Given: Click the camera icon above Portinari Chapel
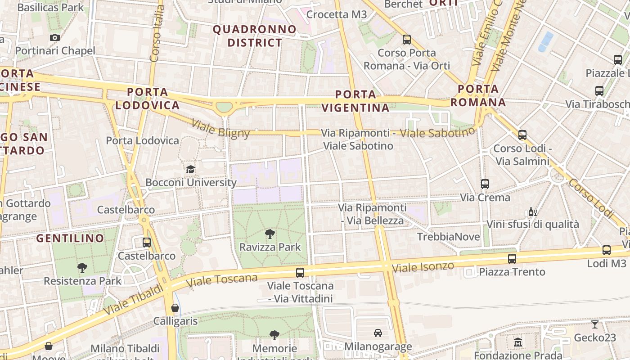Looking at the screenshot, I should click(x=55, y=37).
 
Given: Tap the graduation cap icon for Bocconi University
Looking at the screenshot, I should click(x=191, y=169).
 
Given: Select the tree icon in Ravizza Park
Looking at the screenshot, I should click(x=270, y=234).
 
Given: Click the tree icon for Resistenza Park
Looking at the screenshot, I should click(x=82, y=268).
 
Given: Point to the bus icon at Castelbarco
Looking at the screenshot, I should click(x=147, y=243).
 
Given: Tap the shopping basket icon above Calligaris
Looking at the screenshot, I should click(x=175, y=308).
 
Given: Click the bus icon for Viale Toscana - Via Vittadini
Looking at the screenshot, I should click(x=300, y=272).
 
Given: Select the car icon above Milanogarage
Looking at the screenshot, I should click(x=378, y=333).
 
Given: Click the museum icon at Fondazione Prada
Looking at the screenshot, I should click(x=518, y=342).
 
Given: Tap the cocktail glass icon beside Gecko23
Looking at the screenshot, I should click(x=595, y=324).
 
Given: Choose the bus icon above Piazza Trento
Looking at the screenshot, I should click(x=512, y=258).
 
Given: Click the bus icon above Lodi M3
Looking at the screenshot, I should click(x=607, y=250).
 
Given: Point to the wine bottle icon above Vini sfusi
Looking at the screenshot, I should click(x=532, y=211).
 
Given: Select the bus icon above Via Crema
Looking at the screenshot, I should click(x=485, y=184).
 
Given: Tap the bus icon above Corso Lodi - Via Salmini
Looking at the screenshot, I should click(x=522, y=135).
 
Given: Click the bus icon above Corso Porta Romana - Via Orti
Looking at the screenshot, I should click(x=407, y=39).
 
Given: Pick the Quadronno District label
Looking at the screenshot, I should click(x=255, y=36).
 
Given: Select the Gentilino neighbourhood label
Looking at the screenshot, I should click(x=70, y=238).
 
